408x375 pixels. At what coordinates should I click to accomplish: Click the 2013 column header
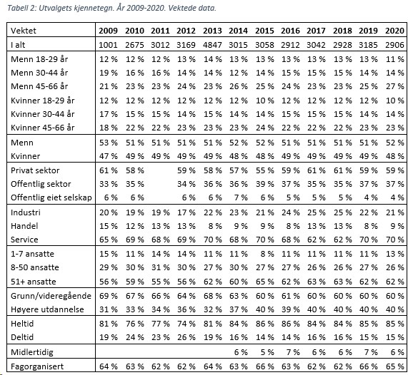click(x=212, y=31)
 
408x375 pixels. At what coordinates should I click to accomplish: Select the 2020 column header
click(x=394, y=31)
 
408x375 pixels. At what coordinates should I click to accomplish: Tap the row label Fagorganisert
click(x=37, y=366)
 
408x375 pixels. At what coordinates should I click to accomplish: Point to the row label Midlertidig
click(x=32, y=352)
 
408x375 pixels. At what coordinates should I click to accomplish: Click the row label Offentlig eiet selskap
click(x=51, y=197)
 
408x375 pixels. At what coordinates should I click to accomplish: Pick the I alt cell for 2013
click(x=212, y=45)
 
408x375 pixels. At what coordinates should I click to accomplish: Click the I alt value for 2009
click(x=108, y=45)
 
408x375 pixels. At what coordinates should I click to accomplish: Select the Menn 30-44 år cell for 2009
click(x=108, y=73)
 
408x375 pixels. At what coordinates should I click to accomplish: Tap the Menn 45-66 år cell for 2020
click(x=394, y=86)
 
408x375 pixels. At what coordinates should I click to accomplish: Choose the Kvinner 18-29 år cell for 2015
click(x=264, y=101)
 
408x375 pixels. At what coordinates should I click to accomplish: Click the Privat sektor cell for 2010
click(x=134, y=170)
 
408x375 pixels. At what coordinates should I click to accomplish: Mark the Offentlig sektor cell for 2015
click(x=264, y=184)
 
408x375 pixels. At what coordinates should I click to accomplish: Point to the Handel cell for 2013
click(x=215, y=226)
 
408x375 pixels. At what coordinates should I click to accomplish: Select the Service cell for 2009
click(x=108, y=240)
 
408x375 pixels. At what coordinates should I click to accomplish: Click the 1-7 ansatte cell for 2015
click(x=267, y=254)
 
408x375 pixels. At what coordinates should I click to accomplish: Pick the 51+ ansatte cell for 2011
click(x=160, y=282)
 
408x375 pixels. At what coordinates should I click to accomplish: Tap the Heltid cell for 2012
click(x=186, y=324)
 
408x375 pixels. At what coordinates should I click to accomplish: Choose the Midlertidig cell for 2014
click(x=241, y=352)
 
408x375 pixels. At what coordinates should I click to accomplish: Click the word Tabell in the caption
click(x=17, y=8)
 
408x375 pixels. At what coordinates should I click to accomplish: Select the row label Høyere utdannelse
click(x=47, y=309)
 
